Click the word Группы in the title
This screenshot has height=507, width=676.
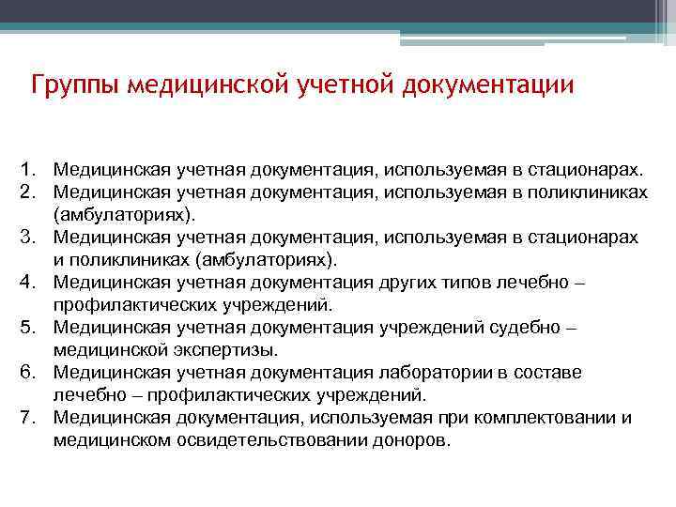pyautogui.click(x=75, y=86)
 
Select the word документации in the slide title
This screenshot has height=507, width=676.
pyautogui.click(x=487, y=86)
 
